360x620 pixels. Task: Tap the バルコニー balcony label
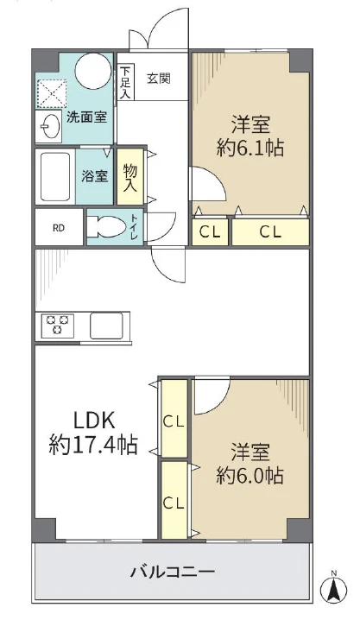point(173,572)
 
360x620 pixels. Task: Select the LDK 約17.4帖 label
point(93,433)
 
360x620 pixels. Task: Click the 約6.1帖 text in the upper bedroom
point(250,149)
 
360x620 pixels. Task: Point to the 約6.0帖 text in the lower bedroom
point(249,476)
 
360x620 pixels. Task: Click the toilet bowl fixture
point(104,226)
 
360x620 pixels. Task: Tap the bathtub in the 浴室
point(55,176)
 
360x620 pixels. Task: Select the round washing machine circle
point(93,70)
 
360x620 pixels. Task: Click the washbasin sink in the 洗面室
point(50,127)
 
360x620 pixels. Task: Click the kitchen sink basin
point(106,326)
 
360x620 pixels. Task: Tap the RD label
point(59,228)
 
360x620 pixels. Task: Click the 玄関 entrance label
point(159,79)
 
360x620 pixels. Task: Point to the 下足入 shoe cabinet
point(126,82)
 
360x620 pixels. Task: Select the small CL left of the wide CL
point(210,232)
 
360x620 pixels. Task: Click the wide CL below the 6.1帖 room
point(270,232)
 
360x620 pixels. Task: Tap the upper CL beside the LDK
point(174,419)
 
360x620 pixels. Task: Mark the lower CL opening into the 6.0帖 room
point(174,501)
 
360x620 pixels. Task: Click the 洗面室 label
point(86,117)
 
